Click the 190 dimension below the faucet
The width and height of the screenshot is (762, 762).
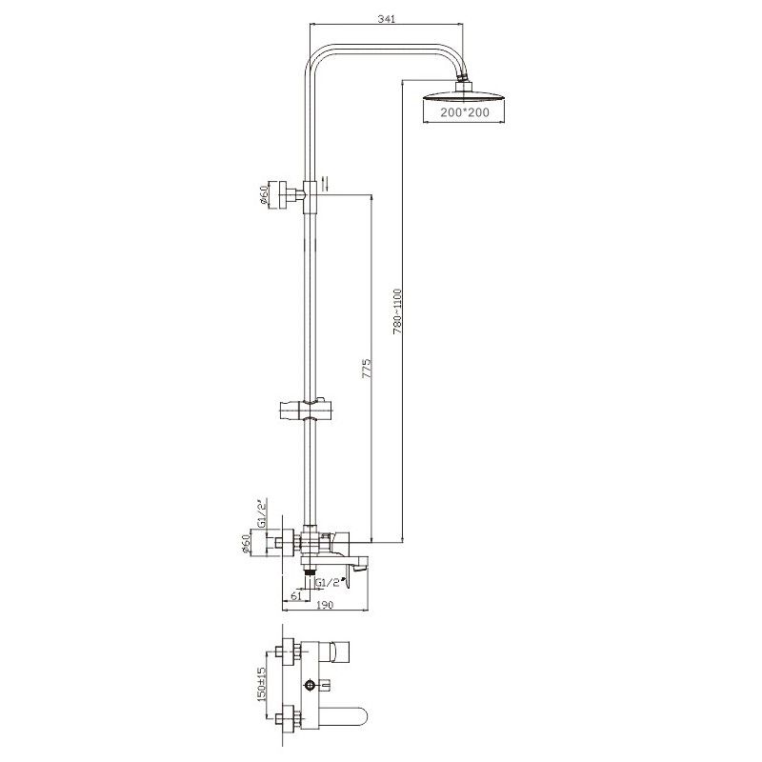322,605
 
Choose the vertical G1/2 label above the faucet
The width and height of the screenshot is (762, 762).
261,514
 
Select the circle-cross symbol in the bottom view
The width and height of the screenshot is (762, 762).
311,686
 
